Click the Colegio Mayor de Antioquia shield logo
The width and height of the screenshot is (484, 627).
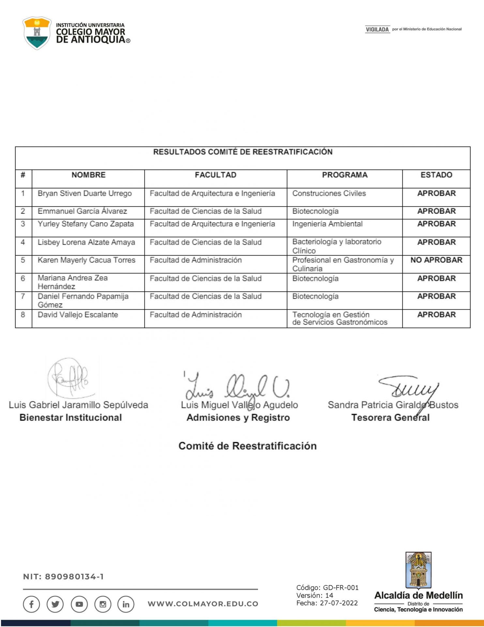coord(37,33)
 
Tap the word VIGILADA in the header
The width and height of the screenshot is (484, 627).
coord(377,29)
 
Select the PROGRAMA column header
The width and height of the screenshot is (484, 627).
coord(344,175)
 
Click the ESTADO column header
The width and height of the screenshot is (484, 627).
coord(436,175)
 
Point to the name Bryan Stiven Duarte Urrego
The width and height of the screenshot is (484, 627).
coord(85,193)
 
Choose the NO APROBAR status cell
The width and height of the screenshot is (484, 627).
coord(436,260)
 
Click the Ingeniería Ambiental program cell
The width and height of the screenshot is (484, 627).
coord(327,224)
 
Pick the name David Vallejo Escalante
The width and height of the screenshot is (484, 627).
coord(78,315)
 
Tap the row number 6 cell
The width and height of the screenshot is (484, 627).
coord(23,279)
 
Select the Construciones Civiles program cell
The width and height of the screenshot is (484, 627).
coord(329,193)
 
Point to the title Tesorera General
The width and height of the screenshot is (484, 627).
coord(390,417)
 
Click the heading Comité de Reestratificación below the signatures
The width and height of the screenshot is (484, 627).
coord(247,446)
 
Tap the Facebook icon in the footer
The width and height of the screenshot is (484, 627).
coord(31,604)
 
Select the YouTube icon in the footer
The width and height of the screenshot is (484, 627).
coord(79,604)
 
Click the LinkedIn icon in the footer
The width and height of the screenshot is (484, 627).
coord(126,604)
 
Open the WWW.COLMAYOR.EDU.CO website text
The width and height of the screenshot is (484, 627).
coord(203,604)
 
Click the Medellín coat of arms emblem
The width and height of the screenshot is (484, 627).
coord(418,570)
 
